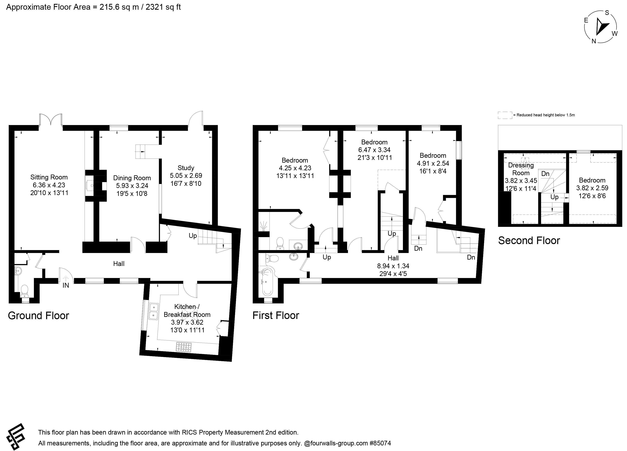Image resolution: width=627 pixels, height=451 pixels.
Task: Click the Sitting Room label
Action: click(x=49, y=177)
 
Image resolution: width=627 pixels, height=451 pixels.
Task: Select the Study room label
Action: click(x=186, y=168)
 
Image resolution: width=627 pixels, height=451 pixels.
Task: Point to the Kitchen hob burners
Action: click(x=184, y=347)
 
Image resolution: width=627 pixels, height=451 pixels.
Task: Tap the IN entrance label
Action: click(x=66, y=285)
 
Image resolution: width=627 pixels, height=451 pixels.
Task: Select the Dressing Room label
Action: click(x=521, y=169)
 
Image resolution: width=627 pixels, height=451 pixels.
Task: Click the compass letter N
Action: click(x=594, y=41)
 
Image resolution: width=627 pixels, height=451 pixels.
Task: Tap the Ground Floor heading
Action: click(x=39, y=316)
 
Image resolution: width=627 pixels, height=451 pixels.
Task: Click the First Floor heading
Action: click(x=276, y=315)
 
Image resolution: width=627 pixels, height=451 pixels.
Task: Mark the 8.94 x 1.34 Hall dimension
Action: click(x=393, y=266)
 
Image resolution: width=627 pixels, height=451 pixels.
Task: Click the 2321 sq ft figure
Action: click(x=163, y=7)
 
